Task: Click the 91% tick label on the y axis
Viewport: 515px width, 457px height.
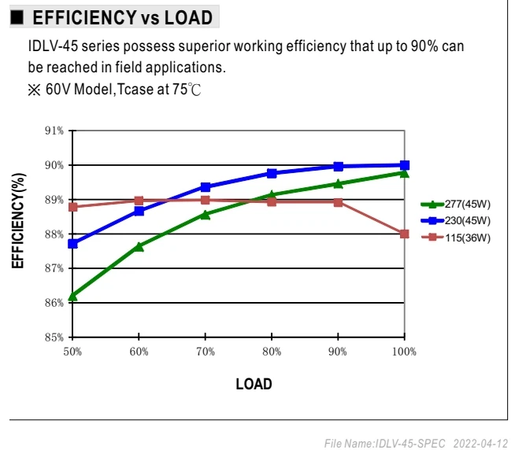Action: (54, 131)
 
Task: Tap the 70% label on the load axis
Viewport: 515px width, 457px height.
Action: (206, 352)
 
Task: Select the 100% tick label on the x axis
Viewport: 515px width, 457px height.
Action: (404, 352)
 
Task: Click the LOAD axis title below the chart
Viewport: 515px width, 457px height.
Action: (254, 384)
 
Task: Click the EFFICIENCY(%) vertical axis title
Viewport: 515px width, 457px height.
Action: (18, 220)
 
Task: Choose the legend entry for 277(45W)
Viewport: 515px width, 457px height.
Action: (456, 204)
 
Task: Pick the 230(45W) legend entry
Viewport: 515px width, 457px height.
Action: (456, 220)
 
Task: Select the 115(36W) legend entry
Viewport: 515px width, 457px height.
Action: (456, 238)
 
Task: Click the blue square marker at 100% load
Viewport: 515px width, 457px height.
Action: (405, 165)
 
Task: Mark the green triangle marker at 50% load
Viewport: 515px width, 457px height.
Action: (72, 297)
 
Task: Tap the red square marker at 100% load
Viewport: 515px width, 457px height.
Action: (405, 234)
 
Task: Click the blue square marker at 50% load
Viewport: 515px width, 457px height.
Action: (73, 244)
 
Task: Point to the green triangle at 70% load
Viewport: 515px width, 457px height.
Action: (206, 215)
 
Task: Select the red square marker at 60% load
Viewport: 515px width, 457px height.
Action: (139, 201)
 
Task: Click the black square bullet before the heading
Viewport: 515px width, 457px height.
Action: (17, 17)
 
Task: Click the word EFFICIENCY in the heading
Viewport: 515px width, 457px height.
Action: (85, 17)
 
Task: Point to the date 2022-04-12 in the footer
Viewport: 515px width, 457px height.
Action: (480, 444)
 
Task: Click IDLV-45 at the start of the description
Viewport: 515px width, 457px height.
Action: (53, 46)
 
